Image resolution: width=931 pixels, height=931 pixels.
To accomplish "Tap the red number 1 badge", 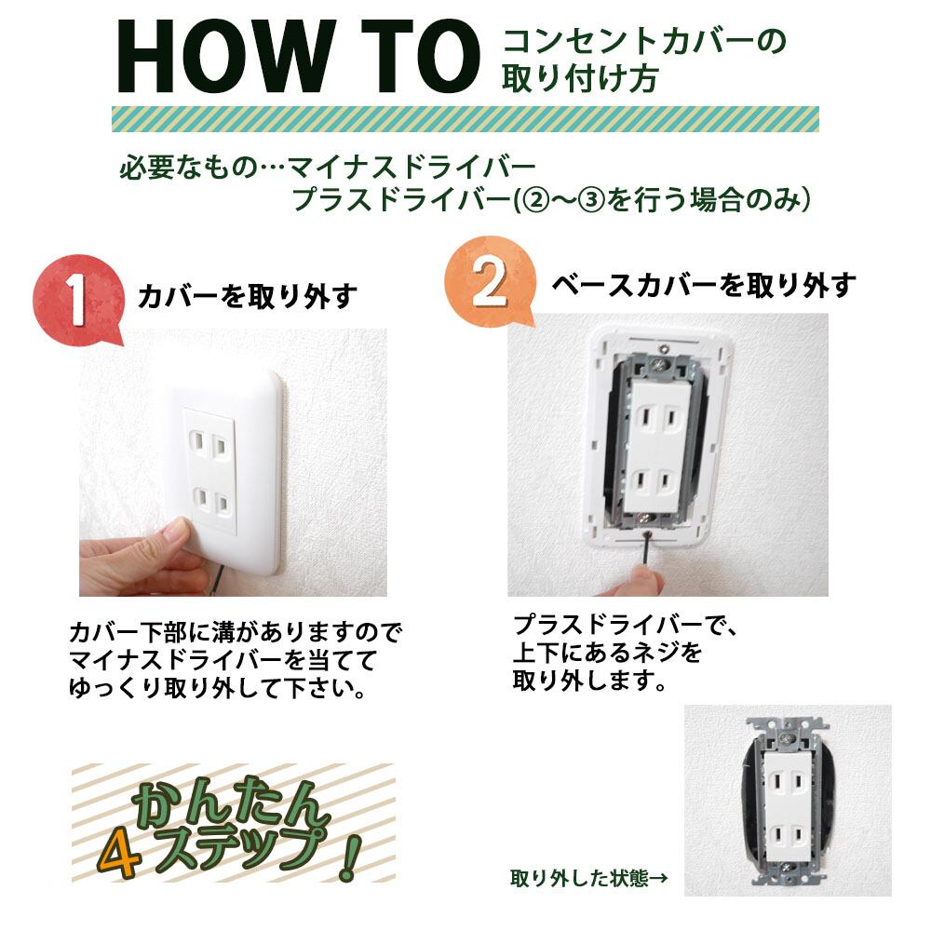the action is coord(78,300).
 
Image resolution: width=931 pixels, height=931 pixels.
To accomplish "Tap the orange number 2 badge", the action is coord(489,281).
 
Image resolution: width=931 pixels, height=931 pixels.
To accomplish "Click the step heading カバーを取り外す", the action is coord(248,296).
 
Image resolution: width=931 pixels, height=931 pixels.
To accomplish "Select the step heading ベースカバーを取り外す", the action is coord(704,286).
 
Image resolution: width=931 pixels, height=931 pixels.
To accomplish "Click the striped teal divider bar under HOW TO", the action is coord(465,119).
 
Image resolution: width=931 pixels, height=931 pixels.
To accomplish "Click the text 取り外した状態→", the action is coord(588,877).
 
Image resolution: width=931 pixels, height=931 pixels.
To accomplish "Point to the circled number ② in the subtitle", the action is coord(528,200).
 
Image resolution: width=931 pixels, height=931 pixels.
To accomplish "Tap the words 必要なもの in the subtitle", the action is coord(189,167).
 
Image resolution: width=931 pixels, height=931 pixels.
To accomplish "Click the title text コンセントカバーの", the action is coord(644,42).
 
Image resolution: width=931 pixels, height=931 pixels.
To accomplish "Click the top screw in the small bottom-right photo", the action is coord(788,739).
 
